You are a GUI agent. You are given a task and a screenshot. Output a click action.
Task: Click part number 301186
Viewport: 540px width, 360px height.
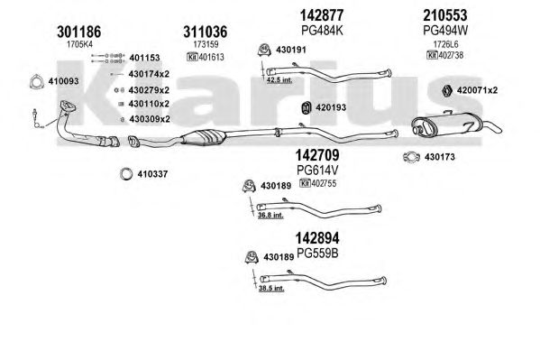(x=78, y=32)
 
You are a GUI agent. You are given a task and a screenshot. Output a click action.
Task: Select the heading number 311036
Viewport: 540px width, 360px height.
(x=206, y=32)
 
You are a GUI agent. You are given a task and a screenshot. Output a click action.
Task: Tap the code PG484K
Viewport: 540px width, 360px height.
(x=322, y=31)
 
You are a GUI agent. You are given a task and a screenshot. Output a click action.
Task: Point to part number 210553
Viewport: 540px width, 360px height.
(x=445, y=15)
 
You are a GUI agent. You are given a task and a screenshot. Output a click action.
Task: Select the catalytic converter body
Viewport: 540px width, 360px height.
(x=204, y=137)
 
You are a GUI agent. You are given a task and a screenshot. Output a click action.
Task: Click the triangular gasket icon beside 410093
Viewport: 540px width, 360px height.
(x=36, y=82)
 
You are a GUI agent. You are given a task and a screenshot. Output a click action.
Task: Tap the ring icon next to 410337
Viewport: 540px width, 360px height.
(x=126, y=174)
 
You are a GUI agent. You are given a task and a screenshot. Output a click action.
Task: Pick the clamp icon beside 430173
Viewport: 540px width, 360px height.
(x=411, y=157)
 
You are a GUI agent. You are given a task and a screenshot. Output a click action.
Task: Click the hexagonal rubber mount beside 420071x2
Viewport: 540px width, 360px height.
(x=447, y=90)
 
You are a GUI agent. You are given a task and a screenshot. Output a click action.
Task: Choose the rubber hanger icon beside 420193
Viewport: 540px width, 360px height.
(x=306, y=108)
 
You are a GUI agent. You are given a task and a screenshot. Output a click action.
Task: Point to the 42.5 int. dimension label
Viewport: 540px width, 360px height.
(x=279, y=80)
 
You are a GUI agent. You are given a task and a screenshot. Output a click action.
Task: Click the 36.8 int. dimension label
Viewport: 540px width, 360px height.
(x=270, y=216)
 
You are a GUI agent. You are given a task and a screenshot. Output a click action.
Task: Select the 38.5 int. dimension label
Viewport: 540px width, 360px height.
(x=271, y=288)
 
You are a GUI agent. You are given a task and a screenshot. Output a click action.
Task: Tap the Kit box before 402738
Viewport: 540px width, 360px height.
(x=432, y=55)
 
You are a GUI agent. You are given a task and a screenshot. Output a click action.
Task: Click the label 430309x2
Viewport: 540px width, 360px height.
(x=150, y=119)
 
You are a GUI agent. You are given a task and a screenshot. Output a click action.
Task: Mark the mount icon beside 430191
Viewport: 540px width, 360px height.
(x=264, y=50)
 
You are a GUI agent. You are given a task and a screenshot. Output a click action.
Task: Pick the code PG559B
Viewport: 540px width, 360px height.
(x=317, y=254)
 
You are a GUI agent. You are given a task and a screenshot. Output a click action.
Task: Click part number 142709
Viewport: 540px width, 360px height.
(x=317, y=155)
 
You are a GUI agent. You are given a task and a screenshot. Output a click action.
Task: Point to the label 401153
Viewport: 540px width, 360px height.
(x=144, y=58)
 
